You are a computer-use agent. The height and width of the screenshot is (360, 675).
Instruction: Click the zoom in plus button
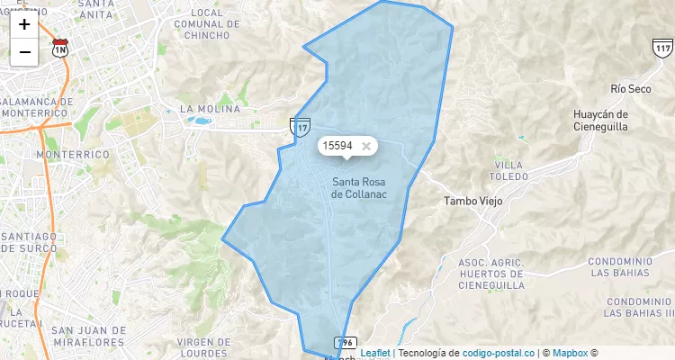point(24,24)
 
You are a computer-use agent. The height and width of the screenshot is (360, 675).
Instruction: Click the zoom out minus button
point(24,52)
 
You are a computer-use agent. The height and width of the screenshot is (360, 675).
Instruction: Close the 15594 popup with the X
point(365,146)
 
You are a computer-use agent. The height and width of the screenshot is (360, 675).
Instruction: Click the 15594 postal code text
point(337,146)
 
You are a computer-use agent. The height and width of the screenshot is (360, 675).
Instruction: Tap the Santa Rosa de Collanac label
point(359,187)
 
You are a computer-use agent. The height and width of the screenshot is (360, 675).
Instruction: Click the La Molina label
point(210,109)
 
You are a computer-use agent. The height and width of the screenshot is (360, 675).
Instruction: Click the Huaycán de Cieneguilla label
point(600,121)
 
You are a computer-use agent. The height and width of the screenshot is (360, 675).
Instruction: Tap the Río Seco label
point(630,89)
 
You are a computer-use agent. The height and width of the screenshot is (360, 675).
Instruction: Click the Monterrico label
point(72,155)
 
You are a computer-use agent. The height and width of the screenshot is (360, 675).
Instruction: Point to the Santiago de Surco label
point(29,242)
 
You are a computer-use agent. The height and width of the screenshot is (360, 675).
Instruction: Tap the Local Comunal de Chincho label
point(207,24)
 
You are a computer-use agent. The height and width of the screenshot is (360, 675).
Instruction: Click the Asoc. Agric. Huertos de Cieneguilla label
point(490,273)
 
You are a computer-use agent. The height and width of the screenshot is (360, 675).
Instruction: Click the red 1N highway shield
point(60,47)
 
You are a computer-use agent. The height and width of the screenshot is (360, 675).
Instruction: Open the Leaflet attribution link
point(375,353)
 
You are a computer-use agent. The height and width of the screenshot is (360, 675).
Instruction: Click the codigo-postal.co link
point(499,353)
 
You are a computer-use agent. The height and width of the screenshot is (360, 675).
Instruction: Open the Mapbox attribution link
point(570,353)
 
